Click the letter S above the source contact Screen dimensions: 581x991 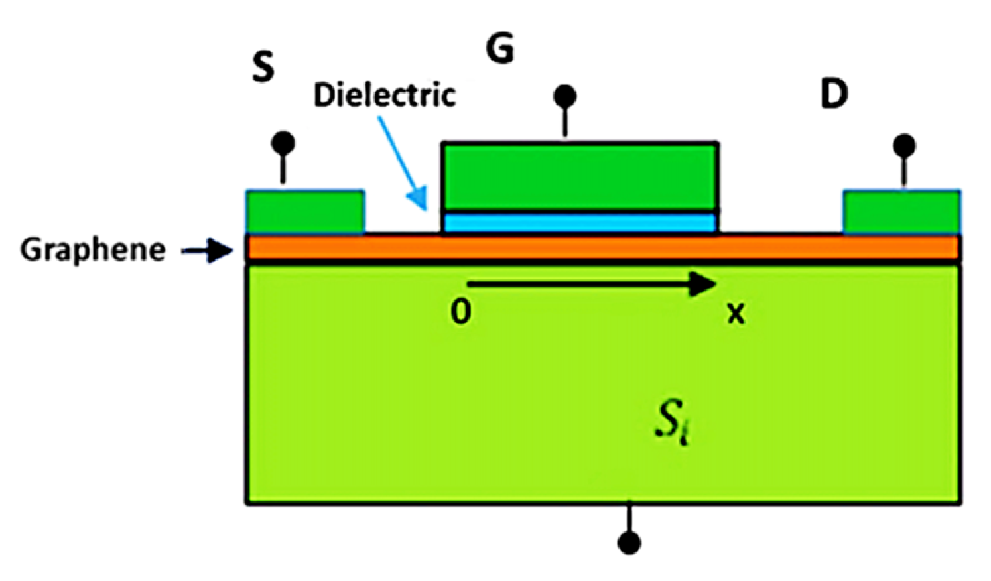tap(263, 67)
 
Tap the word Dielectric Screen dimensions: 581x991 tap(385, 96)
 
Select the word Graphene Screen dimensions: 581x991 tap(93, 250)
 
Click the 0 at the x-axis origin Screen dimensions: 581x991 tap(461, 310)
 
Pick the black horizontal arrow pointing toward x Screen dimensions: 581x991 tap(590, 285)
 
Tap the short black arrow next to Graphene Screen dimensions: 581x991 tap(207, 251)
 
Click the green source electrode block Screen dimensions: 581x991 tap(305, 212)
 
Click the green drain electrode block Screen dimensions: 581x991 tap(901, 212)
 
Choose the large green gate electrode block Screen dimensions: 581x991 tap(580, 176)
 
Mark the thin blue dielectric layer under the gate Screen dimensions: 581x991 tap(580, 222)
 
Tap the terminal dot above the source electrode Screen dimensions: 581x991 tap(284, 143)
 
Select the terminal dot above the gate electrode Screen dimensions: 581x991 tap(565, 96)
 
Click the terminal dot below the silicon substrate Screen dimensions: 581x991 tap(629, 543)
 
